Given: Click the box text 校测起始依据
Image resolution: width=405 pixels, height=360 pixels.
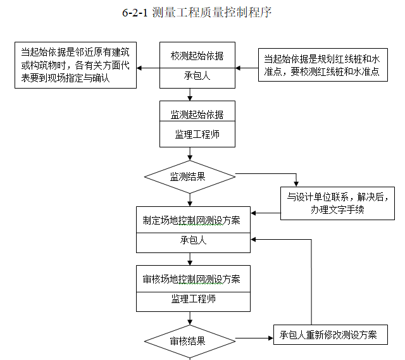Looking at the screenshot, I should coord(197,56).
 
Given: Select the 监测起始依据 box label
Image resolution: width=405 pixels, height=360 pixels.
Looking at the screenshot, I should coord(197,115).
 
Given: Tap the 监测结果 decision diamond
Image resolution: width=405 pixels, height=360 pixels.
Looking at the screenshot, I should coord(190,176).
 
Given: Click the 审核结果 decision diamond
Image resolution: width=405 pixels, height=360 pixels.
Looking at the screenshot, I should coord(190,341).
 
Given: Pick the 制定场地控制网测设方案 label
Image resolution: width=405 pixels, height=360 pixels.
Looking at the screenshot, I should coord(192,221).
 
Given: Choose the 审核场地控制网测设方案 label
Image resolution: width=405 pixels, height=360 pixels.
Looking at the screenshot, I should coord(192,279).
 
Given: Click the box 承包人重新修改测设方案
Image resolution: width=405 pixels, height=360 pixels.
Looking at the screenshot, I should coord(330,335).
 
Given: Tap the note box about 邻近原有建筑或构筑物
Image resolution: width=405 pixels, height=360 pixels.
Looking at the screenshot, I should coord(75,65).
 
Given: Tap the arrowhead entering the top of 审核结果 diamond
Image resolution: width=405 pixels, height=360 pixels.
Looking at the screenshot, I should coord(190,324).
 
